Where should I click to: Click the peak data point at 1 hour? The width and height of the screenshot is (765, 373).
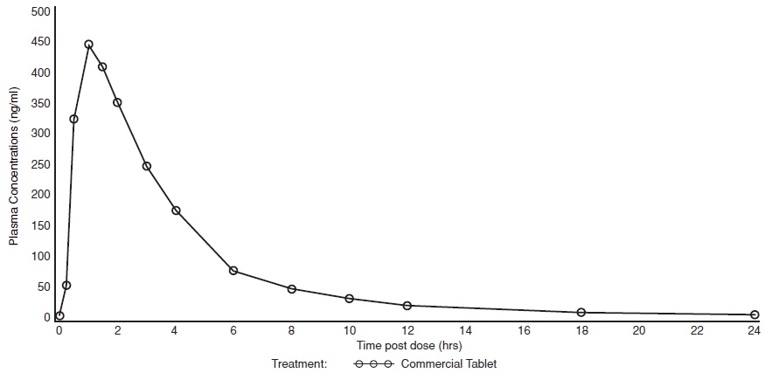coord(88,44)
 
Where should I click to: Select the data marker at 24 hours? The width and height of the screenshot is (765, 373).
coord(755,314)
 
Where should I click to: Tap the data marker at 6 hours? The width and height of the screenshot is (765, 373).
coord(233,271)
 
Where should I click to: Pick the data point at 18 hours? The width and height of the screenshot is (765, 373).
coord(581,312)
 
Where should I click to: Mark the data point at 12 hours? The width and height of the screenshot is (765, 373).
coord(407,306)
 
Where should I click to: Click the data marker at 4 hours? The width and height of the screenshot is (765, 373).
coord(176,211)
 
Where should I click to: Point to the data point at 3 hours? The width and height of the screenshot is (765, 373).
coord(147,166)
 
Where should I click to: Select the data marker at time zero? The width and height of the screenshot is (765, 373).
coord(59,316)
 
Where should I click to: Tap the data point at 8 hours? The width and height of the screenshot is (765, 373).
coord(292,289)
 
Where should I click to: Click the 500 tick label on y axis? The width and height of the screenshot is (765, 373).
coord(40,11)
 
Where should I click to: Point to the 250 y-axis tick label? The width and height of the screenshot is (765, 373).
coord(40,163)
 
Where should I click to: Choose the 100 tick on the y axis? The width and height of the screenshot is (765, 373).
coord(40,256)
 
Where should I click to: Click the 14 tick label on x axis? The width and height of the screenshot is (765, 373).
coord(465,331)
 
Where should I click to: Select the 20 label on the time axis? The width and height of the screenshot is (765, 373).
coord(639,331)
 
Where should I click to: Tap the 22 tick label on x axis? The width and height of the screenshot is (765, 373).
coord(697,331)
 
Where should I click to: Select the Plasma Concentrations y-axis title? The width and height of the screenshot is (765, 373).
coord(15,166)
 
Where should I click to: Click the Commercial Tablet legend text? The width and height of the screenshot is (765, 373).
coord(449,363)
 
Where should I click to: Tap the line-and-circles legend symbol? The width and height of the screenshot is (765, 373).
coord(374,363)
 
